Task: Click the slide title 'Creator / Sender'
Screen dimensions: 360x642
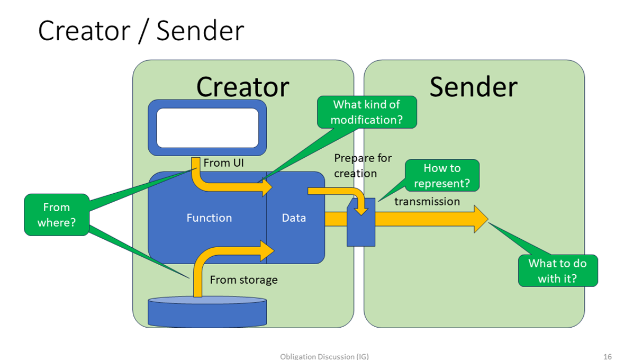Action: tap(141, 31)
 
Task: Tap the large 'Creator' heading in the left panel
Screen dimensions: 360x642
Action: tap(242, 87)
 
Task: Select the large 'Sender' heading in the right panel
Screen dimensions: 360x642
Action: tap(473, 87)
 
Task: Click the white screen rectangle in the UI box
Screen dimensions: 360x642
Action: tap(207, 128)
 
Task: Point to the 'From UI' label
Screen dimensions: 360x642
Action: tap(224, 163)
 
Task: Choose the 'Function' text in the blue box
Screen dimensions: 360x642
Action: tap(209, 218)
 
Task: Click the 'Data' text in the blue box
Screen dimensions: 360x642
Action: tap(294, 218)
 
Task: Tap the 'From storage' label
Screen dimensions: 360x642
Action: tap(243, 280)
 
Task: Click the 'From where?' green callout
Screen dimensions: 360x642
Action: tap(56, 214)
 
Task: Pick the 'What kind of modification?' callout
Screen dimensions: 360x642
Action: tap(366, 112)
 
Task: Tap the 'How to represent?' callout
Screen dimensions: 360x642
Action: tap(442, 176)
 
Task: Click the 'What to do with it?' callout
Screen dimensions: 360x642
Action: tap(557, 271)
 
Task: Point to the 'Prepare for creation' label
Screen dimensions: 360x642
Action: tap(356, 166)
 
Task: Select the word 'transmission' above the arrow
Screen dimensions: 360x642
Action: tap(427, 201)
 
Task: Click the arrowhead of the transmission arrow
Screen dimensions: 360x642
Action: tap(480, 219)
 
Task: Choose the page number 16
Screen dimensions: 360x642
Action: tap(608, 356)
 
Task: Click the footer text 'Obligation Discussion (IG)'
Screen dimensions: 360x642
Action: tap(324, 356)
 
